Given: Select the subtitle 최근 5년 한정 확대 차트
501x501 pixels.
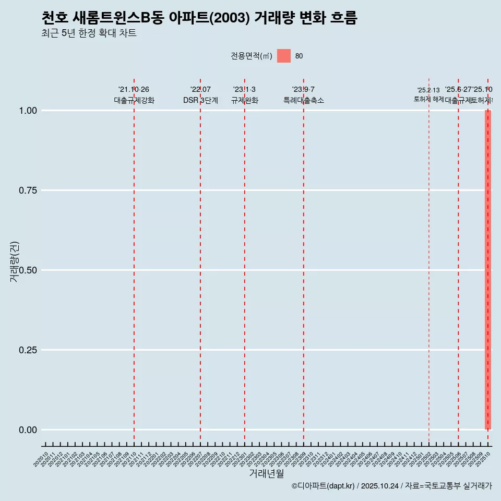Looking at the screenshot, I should pos(89,33).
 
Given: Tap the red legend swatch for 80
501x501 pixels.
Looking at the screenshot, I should pos(283,56).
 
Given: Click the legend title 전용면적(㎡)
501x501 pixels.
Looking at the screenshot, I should pos(251,56).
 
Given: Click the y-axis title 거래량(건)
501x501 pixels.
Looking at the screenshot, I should pos(14,261).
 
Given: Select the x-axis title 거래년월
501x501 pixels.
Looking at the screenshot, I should pos(266,473).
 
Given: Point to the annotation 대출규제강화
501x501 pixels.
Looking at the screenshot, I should pos(134,100).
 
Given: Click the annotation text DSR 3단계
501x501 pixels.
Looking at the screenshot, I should pos(200,100).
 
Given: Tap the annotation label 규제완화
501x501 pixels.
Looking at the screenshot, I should pos(245,100).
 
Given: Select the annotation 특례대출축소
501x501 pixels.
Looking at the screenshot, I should pos(304,100).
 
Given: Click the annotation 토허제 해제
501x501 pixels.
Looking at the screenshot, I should pos(429,99).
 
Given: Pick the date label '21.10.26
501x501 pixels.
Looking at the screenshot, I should pos(134,90).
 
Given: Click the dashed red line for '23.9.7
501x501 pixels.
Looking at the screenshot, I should pos(304,261).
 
